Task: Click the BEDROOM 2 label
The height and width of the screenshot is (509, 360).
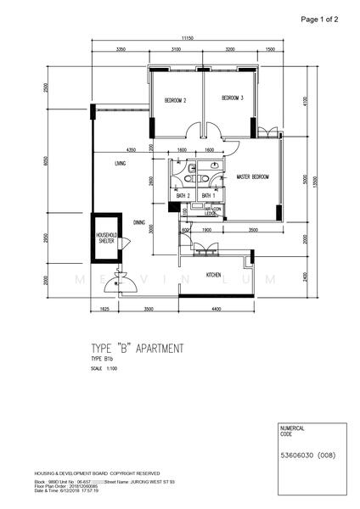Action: click(x=176, y=101)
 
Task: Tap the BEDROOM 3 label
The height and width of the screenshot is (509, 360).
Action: click(x=233, y=98)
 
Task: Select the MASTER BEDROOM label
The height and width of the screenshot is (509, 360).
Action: click(x=253, y=176)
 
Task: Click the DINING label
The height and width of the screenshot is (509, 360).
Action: click(x=138, y=222)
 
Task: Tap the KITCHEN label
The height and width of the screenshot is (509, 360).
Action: click(x=214, y=276)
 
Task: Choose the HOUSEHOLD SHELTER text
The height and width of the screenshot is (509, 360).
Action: click(x=106, y=238)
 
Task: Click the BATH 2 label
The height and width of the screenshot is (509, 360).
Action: click(x=183, y=196)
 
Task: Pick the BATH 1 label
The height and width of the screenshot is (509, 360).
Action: click(x=208, y=196)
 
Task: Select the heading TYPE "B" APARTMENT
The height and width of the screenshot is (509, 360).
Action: click(x=137, y=348)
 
